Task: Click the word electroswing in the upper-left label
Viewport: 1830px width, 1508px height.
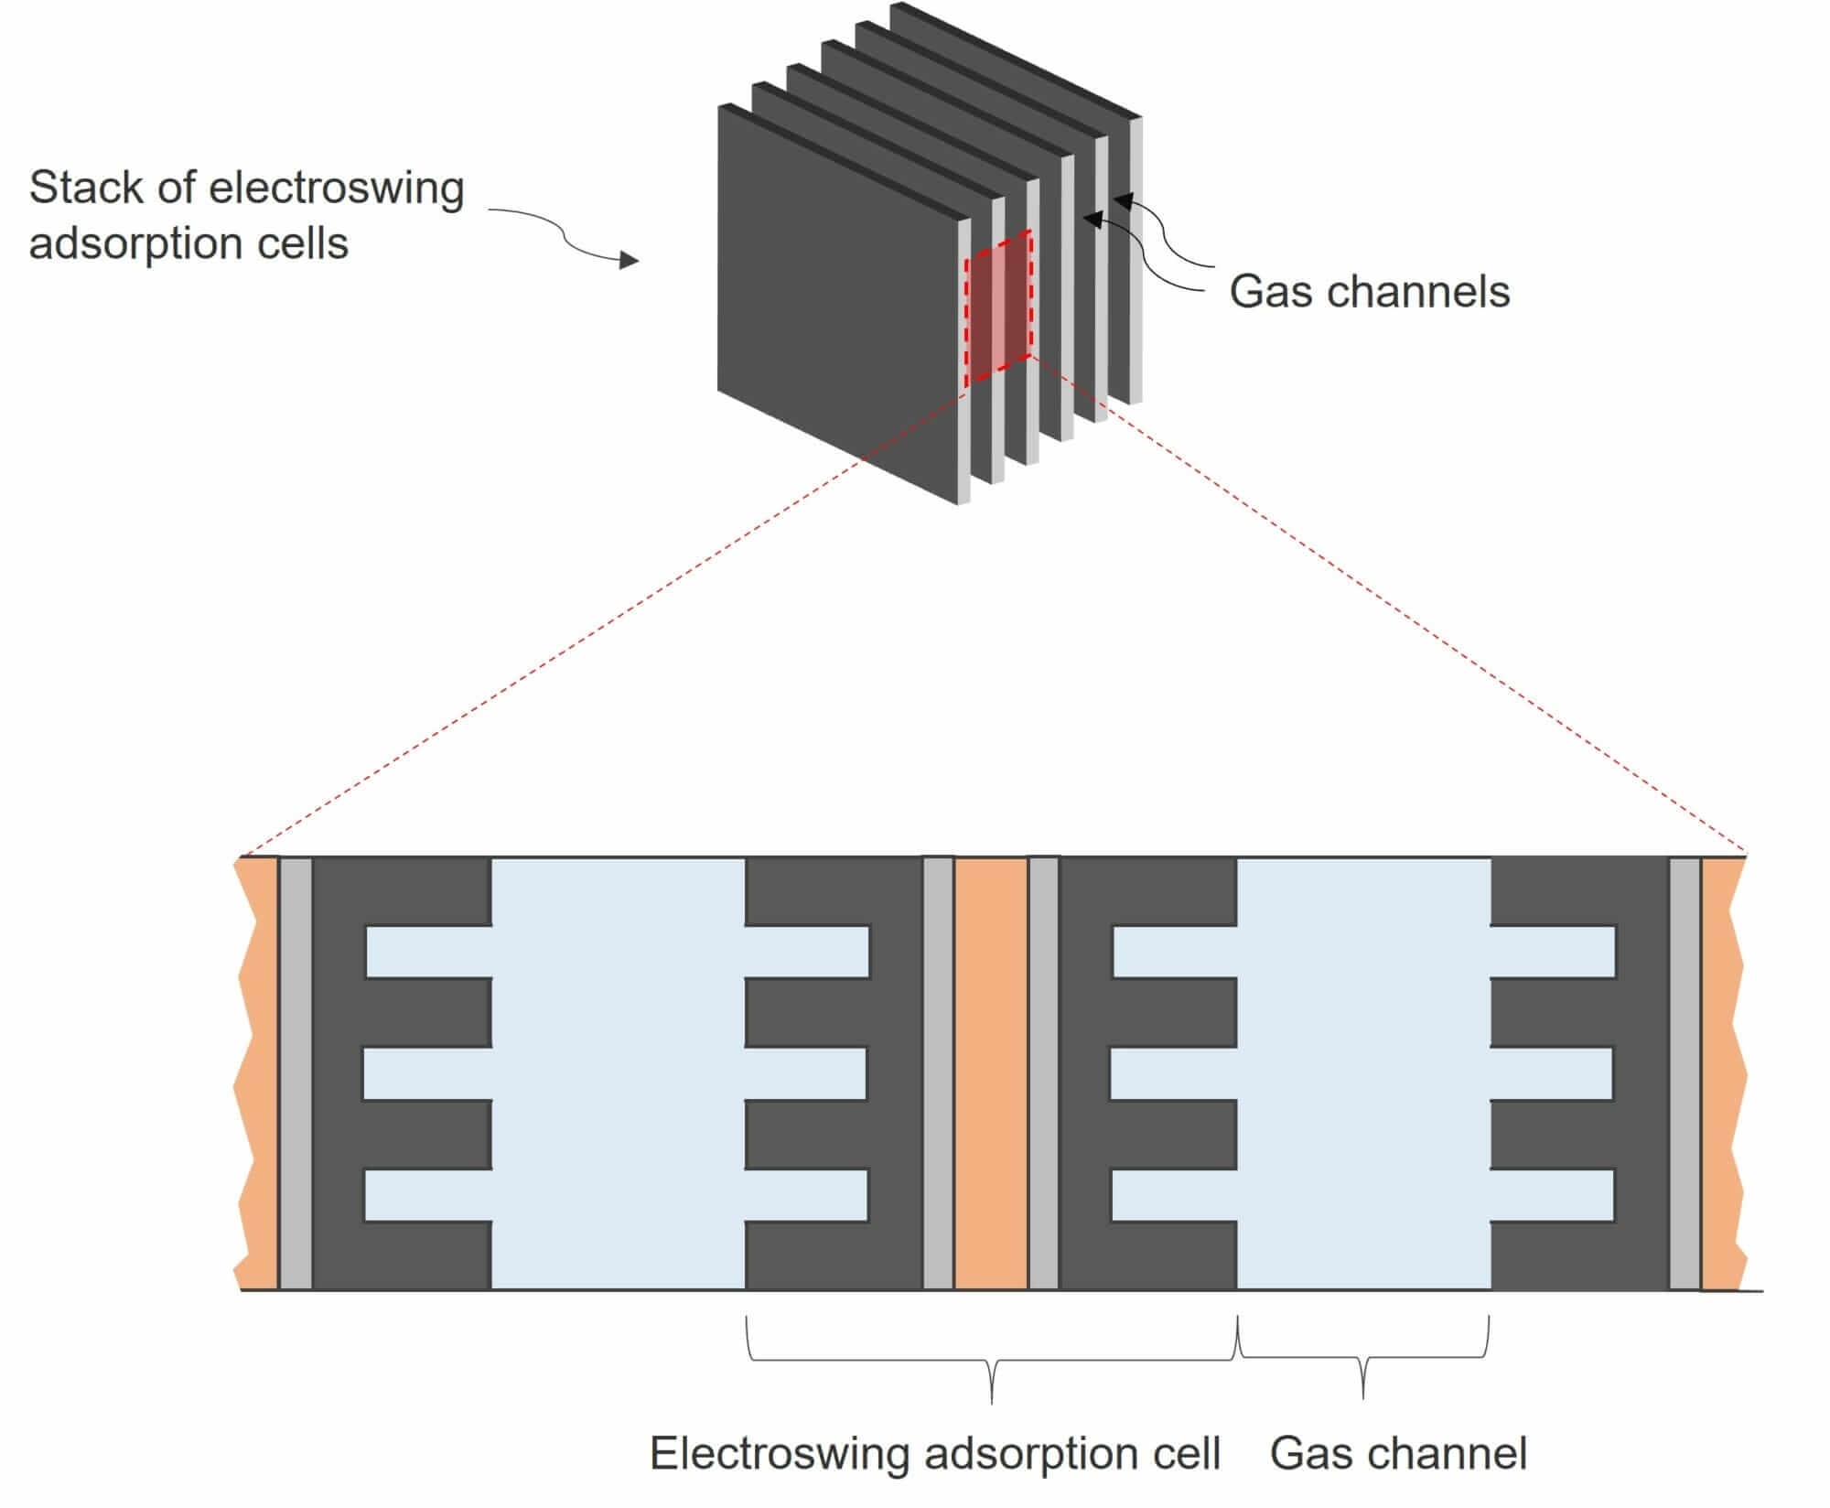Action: pyautogui.click(x=337, y=188)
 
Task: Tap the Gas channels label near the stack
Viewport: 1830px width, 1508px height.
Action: pyautogui.click(x=1368, y=292)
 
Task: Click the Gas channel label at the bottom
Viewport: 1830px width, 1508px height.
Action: pyautogui.click(x=1398, y=1452)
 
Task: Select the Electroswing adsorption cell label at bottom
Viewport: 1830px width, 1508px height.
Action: pyautogui.click(x=934, y=1452)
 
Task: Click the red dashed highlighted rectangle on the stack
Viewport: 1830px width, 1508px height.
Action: pyautogui.click(x=998, y=307)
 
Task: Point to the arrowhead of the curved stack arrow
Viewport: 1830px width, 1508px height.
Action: pyautogui.click(x=630, y=261)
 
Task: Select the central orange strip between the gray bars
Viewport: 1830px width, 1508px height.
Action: pyautogui.click(x=991, y=1072)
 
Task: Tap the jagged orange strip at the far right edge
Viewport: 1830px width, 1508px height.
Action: pyautogui.click(x=1722, y=1072)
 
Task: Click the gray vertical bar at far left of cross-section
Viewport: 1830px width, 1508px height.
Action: pyautogui.click(x=296, y=1072)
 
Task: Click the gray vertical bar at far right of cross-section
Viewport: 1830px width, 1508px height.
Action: pyautogui.click(x=1685, y=1072)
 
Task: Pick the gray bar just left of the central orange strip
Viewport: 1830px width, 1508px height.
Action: pyautogui.click(x=938, y=1072)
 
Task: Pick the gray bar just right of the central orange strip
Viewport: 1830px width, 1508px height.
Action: pyautogui.click(x=1044, y=1072)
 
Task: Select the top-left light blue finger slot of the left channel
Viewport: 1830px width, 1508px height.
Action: pyautogui.click(x=428, y=952)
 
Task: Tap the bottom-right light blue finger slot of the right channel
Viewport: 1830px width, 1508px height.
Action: pyautogui.click(x=1552, y=1195)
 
